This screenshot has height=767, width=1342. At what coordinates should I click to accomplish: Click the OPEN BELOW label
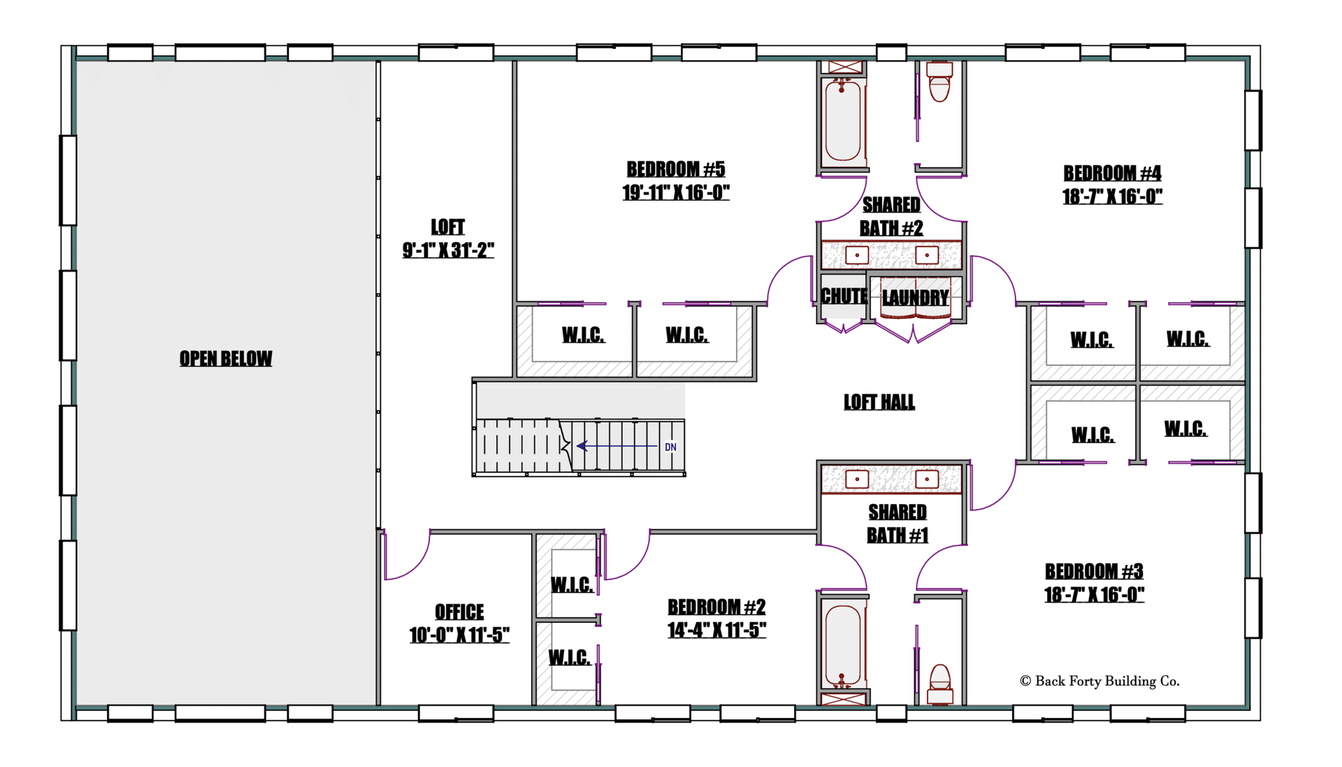click(x=226, y=359)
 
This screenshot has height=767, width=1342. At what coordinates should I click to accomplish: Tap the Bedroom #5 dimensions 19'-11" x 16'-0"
click(x=676, y=192)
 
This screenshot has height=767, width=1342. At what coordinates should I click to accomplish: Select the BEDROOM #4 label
click(x=1112, y=173)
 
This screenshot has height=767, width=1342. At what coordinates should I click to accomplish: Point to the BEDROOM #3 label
click(x=1094, y=571)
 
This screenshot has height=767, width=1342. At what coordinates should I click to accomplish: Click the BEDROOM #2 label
click(x=716, y=607)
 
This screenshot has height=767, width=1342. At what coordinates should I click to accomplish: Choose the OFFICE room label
click(x=459, y=612)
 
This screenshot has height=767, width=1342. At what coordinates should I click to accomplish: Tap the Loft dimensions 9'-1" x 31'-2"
click(x=448, y=250)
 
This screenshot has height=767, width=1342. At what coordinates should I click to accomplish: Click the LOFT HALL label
click(x=879, y=402)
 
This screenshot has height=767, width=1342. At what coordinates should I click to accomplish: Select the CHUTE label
click(x=844, y=296)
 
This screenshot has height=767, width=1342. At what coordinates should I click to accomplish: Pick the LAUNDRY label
click(x=916, y=298)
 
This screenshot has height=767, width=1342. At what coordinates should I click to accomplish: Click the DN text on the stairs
click(x=670, y=447)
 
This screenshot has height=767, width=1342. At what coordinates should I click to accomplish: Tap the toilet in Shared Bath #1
click(x=940, y=684)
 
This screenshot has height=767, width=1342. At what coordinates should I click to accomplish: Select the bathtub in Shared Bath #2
click(x=843, y=120)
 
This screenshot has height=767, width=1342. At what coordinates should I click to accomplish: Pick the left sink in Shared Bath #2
click(x=857, y=255)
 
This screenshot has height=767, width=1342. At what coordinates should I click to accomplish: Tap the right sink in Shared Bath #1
click(x=927, y=479)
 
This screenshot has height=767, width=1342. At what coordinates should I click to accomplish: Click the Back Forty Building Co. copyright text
click(x=1099, y=681)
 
